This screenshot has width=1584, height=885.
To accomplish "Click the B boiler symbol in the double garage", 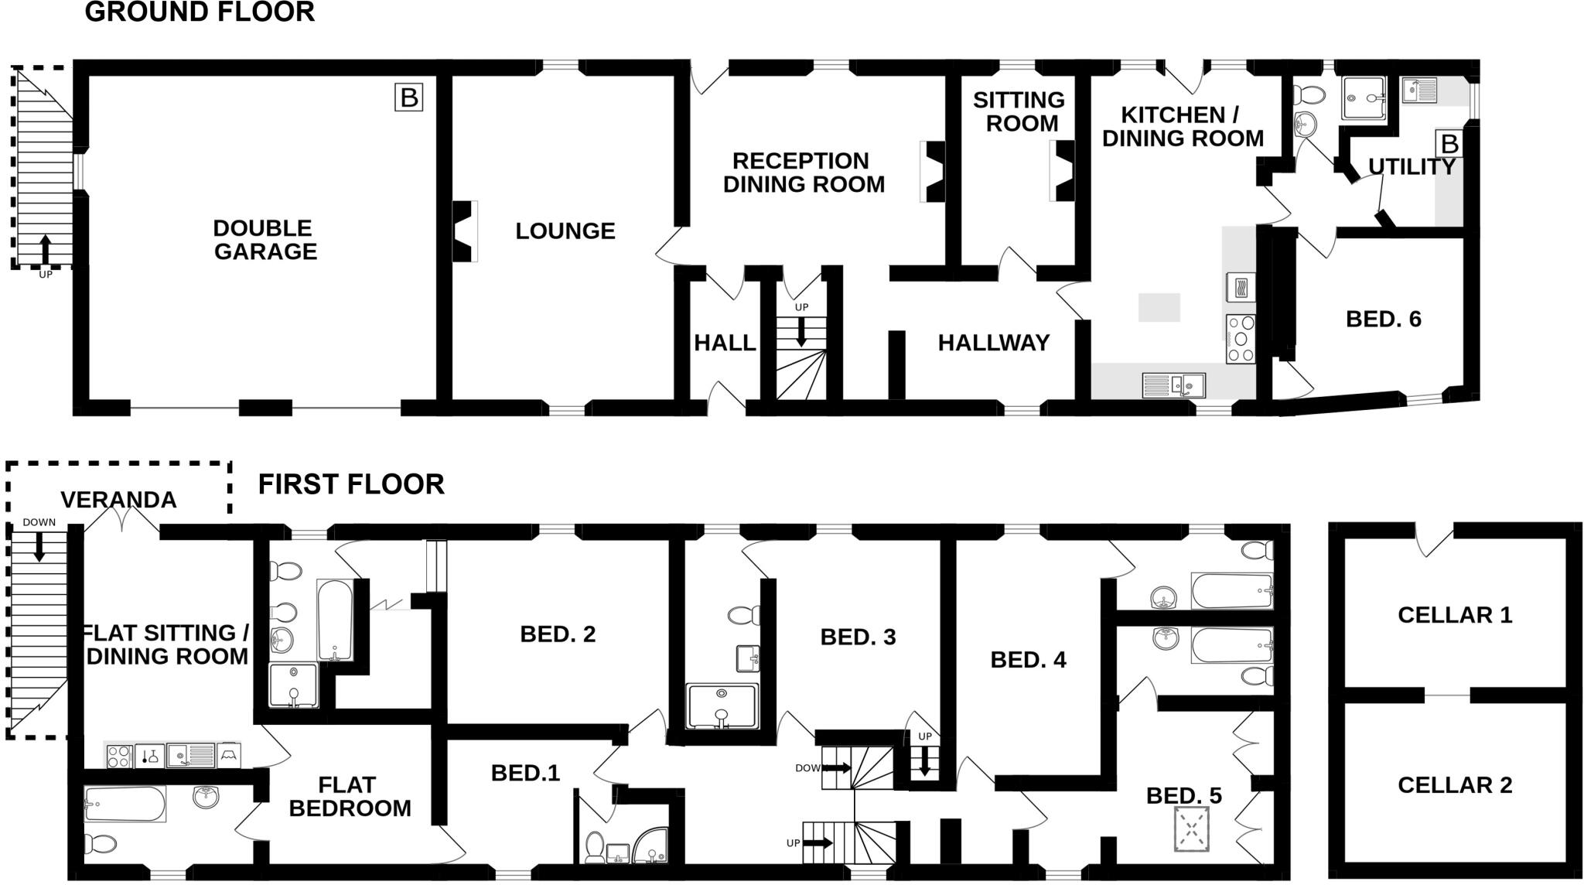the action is pyautogui.click(x=408, y=98).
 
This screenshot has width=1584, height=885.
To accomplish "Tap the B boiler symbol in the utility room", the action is pyautogui.click(x=1449, y=144).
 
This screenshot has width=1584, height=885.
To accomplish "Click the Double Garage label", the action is pyautogui.click(x=264, y=240).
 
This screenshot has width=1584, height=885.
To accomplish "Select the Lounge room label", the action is pyautogui.click(x=565, y=231).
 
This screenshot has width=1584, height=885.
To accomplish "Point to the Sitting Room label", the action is pyautogui.click(x=1019, y=111).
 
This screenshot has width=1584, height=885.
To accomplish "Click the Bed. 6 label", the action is pyautogui.click(x=1384, y=319).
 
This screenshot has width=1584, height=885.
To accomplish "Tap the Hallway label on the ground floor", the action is pyautogui.click(x=994, y=342).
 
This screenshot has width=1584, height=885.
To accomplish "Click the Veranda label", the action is pyautogui.click(x=118, y=500).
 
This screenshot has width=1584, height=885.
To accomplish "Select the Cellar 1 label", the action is pyautogui.click(x=1455, y=615).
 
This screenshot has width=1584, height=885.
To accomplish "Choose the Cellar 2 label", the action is pyautogui.click(x=1455, y=785).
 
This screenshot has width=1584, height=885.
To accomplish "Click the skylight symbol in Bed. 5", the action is pyautogui.click(x=1192, y=829).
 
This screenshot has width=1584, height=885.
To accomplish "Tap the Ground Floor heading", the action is pyautogui.click(x=200, y=12).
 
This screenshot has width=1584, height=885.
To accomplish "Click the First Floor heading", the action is pyautogui.click(x=351, y=484).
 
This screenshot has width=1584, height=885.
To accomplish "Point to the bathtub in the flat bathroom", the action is pyautogui.click(x=125, y=805).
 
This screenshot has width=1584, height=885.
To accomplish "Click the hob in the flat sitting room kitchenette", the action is pyautogui.click(x=118, y=756).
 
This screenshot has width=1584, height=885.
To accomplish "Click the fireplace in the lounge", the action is pyautogui.click(x=464, y=231).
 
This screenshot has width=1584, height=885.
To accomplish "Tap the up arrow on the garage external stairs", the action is pyautogui.click(x=45, y=249).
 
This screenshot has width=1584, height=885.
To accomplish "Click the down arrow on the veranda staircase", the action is pyautogui.click(x=39, y=546).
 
